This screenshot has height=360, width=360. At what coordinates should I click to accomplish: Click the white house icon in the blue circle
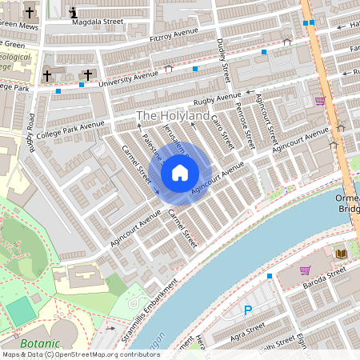(x=180, y=173)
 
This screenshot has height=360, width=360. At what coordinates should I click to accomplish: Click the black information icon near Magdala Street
(x=74, y=13)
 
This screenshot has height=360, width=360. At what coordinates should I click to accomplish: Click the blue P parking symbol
(x=247, y=310)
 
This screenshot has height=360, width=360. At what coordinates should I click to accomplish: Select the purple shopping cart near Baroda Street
(x=305, y=270)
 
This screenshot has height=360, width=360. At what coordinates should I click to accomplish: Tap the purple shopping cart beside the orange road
(x=320, y=101)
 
